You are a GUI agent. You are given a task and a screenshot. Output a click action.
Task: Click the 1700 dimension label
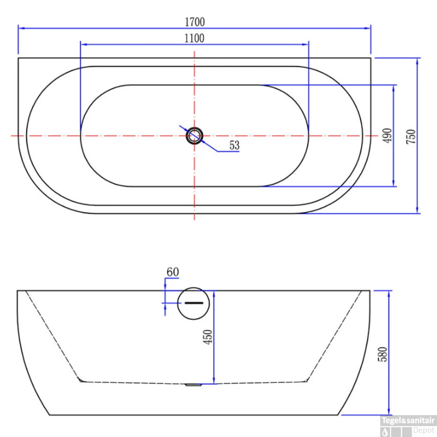click(195, 22)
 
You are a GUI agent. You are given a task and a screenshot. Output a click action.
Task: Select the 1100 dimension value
click(194, 38)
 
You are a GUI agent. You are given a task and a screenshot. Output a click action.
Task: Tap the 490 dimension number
click(387, 136)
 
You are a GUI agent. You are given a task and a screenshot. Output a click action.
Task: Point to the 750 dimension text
click(411, 136)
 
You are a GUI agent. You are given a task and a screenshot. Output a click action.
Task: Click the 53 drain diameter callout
click(234, 145)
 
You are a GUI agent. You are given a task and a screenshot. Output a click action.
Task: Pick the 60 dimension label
click(173, 272)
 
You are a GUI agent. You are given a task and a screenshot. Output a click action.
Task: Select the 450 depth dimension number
click(208, 337)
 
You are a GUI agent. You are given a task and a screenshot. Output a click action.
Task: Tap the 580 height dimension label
click(382, 354)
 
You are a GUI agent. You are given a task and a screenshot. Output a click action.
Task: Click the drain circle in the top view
click(194, 136)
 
